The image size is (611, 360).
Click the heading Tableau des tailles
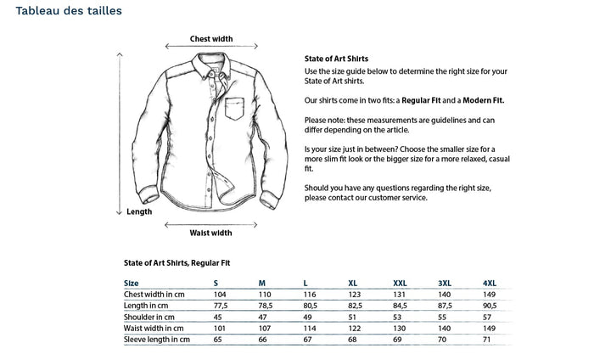coord(67,11)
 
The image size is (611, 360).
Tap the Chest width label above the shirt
coord(211,38)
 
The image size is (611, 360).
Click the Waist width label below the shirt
coord(210,232)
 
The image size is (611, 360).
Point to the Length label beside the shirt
coord(139,211)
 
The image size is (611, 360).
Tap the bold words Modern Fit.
coord(483,100)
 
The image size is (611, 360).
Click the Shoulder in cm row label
coord(153,317)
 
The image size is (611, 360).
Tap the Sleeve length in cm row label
coord(157,340)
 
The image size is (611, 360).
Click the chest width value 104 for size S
coord(219,294)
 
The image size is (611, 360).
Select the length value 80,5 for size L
coord(310,305)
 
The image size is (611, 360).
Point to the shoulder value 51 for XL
coord(352,317)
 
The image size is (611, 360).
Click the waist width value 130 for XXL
coord(399,328)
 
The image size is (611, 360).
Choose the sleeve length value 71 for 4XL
coord(486,340)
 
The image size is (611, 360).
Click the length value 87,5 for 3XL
coord(445,305)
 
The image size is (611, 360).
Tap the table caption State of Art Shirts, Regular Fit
coord(177,263)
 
